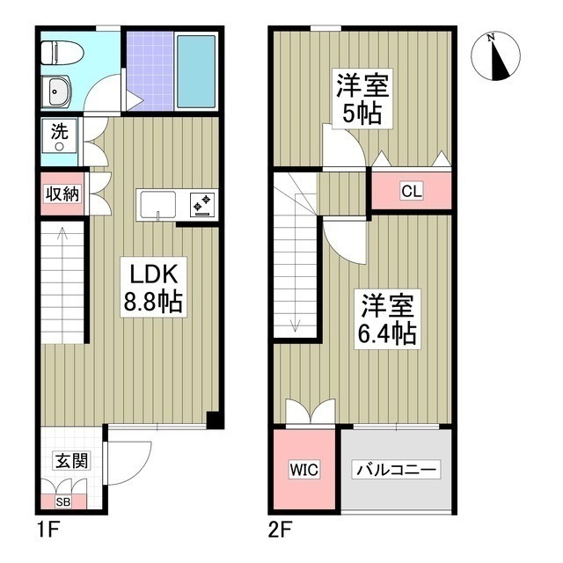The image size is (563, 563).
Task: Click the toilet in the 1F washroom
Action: tap(62, 53)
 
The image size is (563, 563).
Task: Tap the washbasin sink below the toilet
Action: tap(55, 91)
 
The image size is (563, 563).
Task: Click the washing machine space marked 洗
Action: tap(59, 135)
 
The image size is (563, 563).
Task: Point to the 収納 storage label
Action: tap(62, 194)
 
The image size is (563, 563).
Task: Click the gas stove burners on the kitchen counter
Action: tap(201, 205)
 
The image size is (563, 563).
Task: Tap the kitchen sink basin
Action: tap(158, 205)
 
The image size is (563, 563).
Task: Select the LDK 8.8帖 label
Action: tap(153, 288)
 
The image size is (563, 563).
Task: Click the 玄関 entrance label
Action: tap(71, 461)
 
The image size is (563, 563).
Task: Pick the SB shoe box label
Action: tap(63, 501)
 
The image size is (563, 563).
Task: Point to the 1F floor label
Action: tap(48, 530)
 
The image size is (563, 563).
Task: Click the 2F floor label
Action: tap(280, 530)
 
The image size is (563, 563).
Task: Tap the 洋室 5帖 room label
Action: tap(362, 99)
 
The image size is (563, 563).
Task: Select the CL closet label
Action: tap(412, 191)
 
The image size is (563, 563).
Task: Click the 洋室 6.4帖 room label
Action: tap(387, 318)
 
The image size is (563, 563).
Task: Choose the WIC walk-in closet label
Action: tap(303, 470)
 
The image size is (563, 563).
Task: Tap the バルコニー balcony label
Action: tap(396, 470)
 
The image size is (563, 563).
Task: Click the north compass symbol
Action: tap(495, 56)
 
